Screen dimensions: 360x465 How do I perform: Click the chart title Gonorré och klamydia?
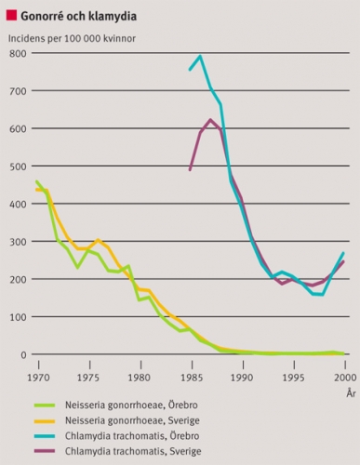79,16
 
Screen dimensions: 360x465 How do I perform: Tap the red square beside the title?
11,15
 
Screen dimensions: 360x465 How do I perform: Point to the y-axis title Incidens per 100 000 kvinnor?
72,38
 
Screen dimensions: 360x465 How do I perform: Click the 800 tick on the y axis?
18,54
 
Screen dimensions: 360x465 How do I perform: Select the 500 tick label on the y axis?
18,166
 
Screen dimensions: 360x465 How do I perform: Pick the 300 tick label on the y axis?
18,242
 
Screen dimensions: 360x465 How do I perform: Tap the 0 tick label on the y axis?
23,355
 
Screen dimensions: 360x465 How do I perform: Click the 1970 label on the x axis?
38,378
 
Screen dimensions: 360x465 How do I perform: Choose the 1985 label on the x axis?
193,378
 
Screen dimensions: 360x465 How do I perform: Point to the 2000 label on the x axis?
345,378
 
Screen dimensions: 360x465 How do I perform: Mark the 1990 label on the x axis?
243,378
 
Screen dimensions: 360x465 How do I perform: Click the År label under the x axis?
351,393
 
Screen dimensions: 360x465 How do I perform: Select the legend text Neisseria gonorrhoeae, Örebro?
131,405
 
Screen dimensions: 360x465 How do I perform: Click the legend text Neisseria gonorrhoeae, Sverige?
132,420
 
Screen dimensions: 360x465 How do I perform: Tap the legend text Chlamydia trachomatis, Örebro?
132,436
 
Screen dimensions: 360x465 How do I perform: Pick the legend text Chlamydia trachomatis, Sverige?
133,451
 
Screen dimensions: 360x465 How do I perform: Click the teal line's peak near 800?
200,56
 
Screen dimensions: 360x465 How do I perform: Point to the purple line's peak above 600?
210,120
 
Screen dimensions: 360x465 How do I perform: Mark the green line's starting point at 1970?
37,181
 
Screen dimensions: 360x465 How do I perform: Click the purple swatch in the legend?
45,451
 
